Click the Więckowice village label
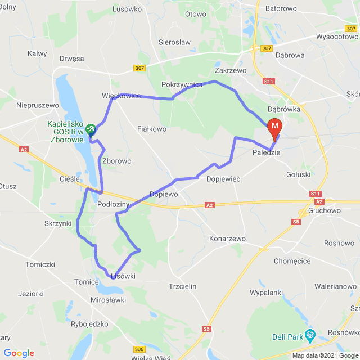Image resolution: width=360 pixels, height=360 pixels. pos(121,96)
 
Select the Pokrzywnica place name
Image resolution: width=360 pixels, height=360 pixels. pos(182,84)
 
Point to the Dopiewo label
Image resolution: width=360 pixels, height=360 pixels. pos(164,194)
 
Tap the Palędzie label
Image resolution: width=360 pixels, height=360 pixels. pos(265,152)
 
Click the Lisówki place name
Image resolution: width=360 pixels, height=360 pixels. pos(123,276)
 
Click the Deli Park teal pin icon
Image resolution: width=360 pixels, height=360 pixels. pos(309,336)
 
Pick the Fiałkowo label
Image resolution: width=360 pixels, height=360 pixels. pos(152,129)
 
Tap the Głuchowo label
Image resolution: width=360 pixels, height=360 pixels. pos(325,210)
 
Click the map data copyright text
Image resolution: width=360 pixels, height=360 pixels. pos(324,355)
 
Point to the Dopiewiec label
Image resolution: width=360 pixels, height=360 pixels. pos(223,178)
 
